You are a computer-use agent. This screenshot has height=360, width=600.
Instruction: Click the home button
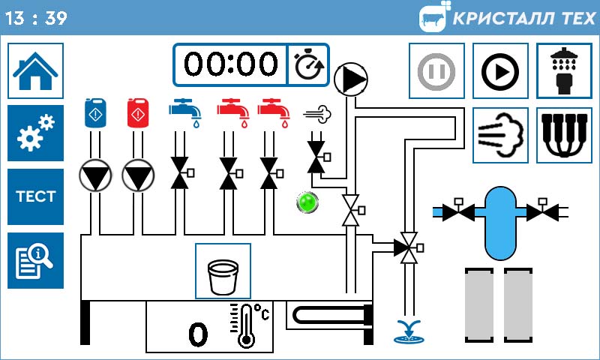[x=35, y=71]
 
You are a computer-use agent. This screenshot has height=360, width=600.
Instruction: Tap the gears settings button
[x=35, y=133]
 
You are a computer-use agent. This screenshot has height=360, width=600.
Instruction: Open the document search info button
[x=35, y=260]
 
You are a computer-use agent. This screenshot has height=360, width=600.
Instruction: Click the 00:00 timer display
[x=230, y=65]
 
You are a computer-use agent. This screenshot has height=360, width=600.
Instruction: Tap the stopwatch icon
[x=308, y=65]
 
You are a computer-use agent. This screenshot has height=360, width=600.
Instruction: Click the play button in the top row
[x=499, y=71]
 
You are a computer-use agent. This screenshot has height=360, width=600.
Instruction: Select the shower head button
[x=564, y=71]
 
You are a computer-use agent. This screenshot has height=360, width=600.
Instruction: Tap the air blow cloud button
[x=499, y=135]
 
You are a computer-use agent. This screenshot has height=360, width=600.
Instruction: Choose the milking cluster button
[x=564, y=135]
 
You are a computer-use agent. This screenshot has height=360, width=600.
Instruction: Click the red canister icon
[x=136, y=112]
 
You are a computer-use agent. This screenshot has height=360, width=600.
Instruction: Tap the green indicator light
[x=307, y=202]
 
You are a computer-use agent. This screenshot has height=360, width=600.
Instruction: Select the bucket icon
[x=223, y=271]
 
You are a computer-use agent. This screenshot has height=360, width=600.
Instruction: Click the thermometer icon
[x=246, y=325]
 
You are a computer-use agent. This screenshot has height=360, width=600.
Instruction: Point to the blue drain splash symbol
[x=409, y=331]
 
